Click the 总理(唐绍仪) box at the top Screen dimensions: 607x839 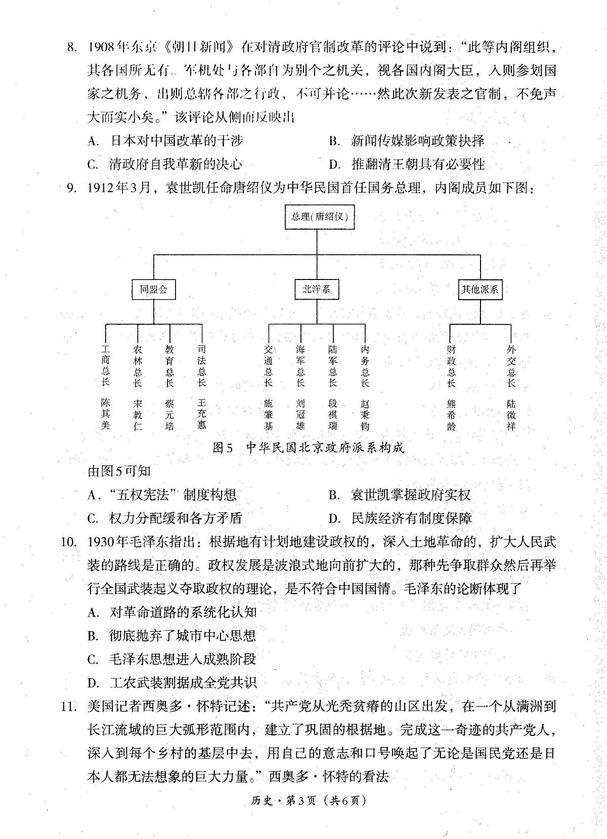320,217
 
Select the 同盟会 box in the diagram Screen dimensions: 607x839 153,289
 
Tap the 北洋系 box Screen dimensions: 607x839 316,289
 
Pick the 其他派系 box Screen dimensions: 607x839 480,289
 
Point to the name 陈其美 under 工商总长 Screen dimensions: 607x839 105,414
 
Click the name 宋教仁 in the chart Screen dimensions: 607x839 138,414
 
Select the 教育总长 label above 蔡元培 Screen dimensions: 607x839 169,366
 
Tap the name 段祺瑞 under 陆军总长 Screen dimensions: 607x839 333,414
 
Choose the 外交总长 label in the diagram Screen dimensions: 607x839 511,366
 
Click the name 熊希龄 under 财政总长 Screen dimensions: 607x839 451,414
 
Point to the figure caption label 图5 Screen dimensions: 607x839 223,448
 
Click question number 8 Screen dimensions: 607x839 72,48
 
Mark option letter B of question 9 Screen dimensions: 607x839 334,495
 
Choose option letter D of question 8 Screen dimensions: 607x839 334,164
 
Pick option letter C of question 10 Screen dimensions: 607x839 93,660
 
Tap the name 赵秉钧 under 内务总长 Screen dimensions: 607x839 365,414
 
